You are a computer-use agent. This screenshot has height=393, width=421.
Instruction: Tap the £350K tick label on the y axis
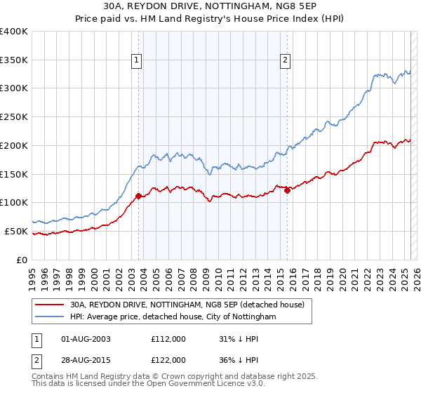tap(14, 60)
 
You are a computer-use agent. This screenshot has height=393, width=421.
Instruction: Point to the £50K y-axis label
tap(16, 231)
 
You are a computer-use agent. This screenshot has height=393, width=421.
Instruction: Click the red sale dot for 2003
tap(138, 196)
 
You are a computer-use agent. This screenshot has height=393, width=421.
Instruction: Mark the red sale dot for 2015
tap(288, 190)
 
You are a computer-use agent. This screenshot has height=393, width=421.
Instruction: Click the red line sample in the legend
tap(50, 305)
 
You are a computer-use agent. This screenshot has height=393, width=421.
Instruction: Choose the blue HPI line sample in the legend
tap(50, 317)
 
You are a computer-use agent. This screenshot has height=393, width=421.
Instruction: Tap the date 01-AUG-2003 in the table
tap(86, 340)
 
